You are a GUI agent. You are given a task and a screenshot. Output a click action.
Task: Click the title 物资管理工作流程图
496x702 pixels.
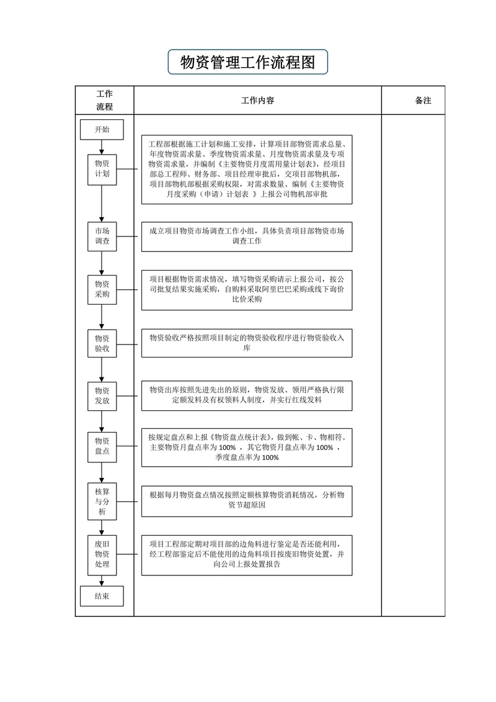pyautogui.click(x=247, y=62)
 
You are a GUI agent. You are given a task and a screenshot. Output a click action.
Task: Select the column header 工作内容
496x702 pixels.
pyautogui.click(x=257, y=101)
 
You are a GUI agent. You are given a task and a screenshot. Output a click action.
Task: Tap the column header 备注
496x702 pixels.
pyautogui.click(x=423, y=101)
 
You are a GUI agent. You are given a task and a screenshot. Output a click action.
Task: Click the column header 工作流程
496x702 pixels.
pyautogui.click(x=104, y=101)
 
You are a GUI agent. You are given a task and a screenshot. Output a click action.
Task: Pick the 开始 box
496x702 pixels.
pyautogui.click(x=102, y=130)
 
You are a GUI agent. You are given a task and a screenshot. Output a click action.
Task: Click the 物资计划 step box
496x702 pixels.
pyautogui.click(x=102, y=168)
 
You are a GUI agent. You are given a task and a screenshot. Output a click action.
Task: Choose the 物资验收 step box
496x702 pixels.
pyautogui.click(x=102, y=343)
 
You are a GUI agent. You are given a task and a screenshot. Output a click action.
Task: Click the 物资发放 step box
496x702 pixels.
pyautogui.click(x=102, y=395)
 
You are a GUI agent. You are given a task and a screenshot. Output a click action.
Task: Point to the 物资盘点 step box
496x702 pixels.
pyautogui.click(x=102, y=446)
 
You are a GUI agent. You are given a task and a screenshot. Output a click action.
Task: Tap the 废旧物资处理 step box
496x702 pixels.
pyautogui.click(x=102, y=554)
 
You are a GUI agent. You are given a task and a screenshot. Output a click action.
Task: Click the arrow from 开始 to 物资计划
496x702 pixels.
pyautogui.click(x=102, y=146)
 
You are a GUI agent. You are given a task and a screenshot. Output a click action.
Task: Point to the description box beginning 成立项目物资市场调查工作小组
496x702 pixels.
pyautogui.click(x=247, y=236)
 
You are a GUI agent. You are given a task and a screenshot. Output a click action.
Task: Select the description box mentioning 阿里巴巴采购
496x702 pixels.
pyautogui.click(x=247, y=290)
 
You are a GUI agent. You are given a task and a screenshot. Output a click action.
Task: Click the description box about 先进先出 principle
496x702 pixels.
pyautogui.click(x=247, y=395)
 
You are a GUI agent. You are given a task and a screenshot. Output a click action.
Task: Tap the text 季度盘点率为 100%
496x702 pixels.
pyautogui.click(x=247, y=458)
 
